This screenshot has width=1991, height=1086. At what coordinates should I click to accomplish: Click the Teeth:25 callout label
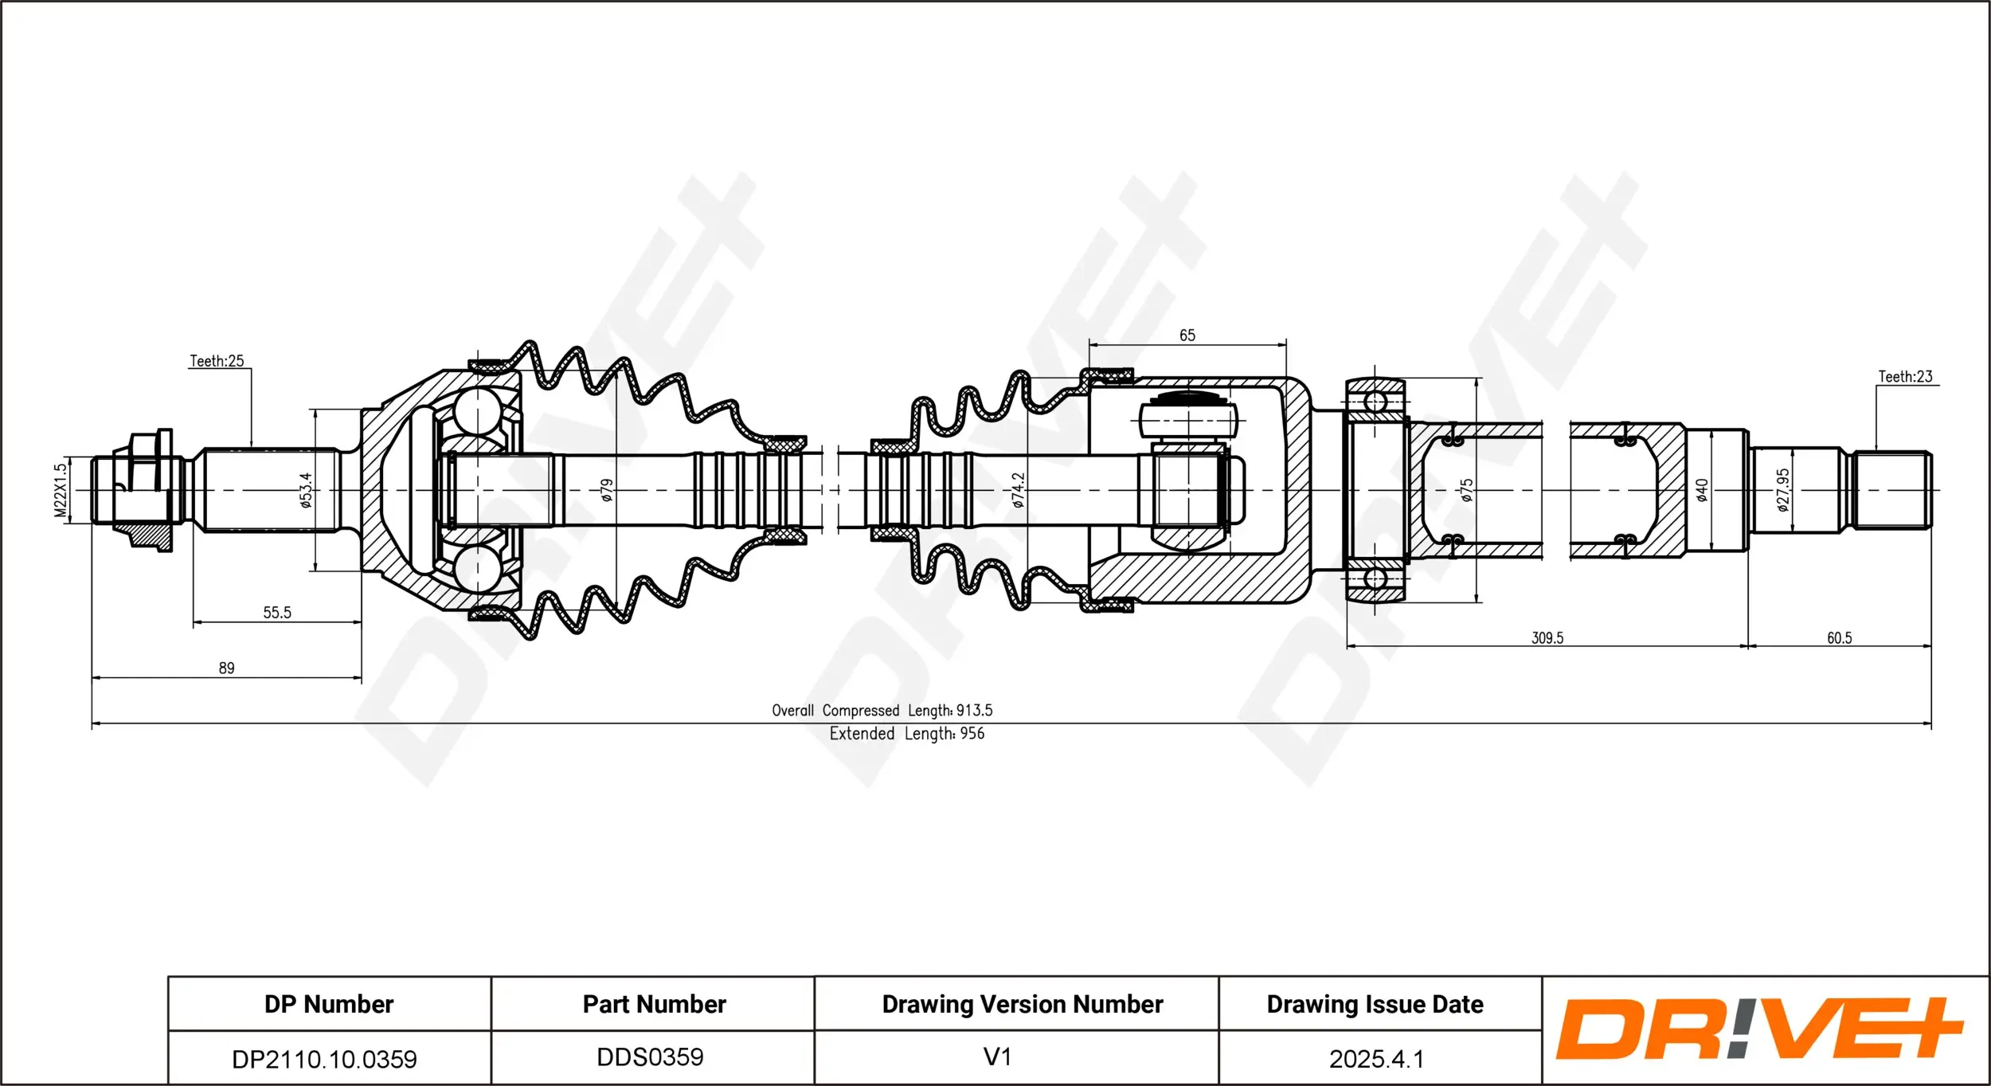pyautogui.click(x=217, y=361)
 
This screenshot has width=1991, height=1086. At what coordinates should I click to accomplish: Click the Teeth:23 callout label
pyautogui.click(x=1905, y=376)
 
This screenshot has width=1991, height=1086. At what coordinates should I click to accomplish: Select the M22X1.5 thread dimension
pyautogui.click(x=61, y=490)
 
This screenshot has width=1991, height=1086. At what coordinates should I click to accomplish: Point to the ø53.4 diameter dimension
pyautogui.click(x=305, y=489)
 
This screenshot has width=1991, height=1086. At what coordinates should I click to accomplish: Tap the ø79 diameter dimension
pyautogui.click(x=607, y=489)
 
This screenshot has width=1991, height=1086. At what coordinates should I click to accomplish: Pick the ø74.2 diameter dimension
pyautogui.click(x=1018, y=489)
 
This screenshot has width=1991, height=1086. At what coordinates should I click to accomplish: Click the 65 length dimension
pyautogui.click(x=1187, y=335)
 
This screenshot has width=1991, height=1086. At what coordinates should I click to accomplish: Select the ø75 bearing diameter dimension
pyautogui.click(x=1467, y=489)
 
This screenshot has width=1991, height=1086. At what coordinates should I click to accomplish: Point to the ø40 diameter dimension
pyautogui.click(x=1701, y=489)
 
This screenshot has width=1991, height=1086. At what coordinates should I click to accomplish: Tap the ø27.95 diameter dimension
pyautogui.click(x=1783, y=489)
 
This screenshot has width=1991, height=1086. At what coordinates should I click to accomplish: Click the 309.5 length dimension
pyautogui.click(x=1547, y=637)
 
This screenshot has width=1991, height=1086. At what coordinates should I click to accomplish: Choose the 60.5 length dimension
pyautogui.click(x=1839, y=637)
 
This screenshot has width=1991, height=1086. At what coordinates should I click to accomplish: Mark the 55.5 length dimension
pyautogui.click(x=277, y=612)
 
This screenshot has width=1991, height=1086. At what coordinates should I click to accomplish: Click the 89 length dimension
pyautogui.click(x=226, y=668)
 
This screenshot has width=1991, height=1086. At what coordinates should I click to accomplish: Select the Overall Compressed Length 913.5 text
pyautogui.click(x=882, y=710)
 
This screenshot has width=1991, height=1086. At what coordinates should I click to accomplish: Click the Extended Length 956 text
pyautogui.click(x=906, y=733)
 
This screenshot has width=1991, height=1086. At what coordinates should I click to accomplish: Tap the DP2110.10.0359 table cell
pyautogui.click(x=324, y=1059)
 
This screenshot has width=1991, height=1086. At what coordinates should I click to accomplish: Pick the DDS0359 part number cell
pyautogui.click(x=650, y=1057)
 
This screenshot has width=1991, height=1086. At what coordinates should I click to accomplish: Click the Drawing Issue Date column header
pyautogui.click(x=1375, y=1004)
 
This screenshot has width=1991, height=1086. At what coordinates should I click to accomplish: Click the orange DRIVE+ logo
pyautogui.click(x=1758, y=1029)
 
